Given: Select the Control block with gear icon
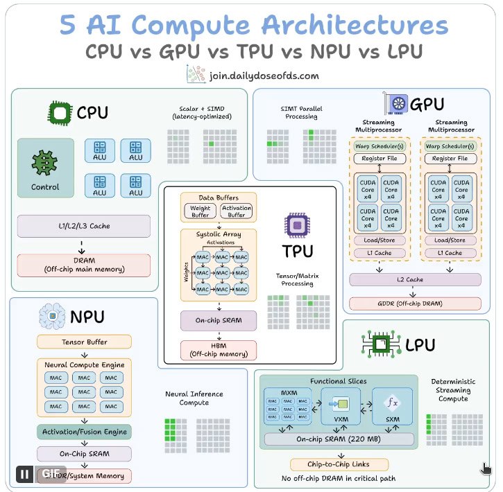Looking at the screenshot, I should tap(45, 168).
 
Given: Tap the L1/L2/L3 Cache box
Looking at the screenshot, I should tap(83, 226).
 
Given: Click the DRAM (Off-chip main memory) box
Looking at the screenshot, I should tap(83, 264).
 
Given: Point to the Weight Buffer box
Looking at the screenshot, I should tap(200, 211).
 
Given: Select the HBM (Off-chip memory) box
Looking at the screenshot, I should tap(219, 350).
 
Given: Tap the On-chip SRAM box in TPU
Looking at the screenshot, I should tap(219, 320).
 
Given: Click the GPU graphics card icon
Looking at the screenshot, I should tap(397, 105).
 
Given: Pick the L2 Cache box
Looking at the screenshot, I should tap(415, 279).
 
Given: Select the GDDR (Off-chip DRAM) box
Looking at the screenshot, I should tap(415, 304).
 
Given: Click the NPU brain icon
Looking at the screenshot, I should tap(51, 317).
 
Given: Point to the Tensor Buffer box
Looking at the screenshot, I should tap(84, 342).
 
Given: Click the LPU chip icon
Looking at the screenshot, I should tap(380, 344).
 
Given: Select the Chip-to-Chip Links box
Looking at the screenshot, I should tap(338, 464).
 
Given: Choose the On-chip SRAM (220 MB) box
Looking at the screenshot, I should tap(339, 439).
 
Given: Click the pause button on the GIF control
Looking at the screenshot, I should tap(25, 474).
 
